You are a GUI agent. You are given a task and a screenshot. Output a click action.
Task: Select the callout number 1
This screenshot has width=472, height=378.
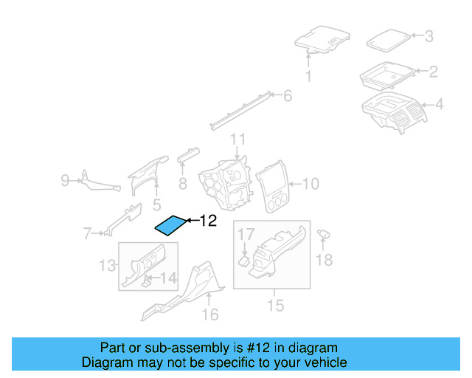(308, 77)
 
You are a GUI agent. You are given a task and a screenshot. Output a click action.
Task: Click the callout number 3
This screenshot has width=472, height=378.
(428, 35)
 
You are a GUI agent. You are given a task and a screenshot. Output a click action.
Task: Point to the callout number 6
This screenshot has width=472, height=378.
(287, 95)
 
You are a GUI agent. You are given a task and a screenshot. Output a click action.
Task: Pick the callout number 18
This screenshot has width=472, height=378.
(324, 259)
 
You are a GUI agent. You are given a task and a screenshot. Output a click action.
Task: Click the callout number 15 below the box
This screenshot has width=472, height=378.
(275, 305)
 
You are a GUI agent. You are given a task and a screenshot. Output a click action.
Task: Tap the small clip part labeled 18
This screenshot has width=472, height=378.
(323, 235)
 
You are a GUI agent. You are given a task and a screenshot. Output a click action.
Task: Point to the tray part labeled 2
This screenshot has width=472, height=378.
(386, 74)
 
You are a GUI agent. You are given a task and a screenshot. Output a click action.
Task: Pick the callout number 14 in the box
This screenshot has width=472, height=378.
(169, 278)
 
